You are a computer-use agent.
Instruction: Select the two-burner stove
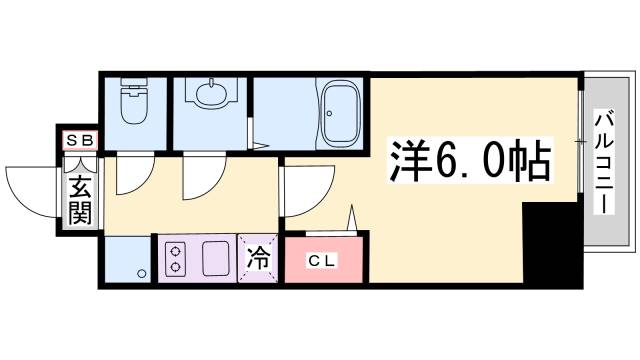click(176, 258)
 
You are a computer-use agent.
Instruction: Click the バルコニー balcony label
click(605, 159)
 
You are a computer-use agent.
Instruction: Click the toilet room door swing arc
click(130, 176)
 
